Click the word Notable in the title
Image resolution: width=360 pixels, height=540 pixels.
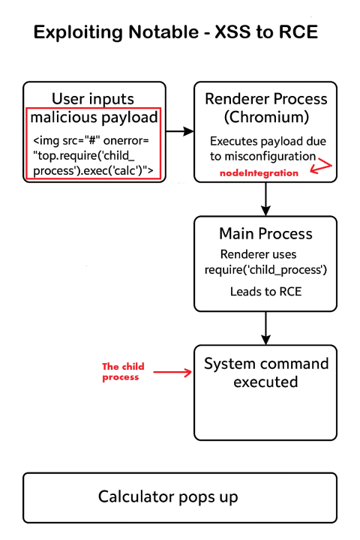[x=163, y=32]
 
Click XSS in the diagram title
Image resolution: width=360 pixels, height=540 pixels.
[x=233, y=32]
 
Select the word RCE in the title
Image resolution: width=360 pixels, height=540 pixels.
[x=298, y=32]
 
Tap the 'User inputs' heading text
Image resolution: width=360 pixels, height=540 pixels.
[x=93, y=99]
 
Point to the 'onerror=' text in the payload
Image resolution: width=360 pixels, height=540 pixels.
[x=126, y=140]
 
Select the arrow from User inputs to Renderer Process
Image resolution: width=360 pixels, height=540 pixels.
[x=180, y=131]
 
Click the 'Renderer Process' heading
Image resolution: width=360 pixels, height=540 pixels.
[x=266, y=99]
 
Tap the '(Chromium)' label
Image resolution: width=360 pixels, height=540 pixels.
[x=266, y=117]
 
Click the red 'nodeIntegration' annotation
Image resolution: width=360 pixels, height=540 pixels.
[x=259, y=173]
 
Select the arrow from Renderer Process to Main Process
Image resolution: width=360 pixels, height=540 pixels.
[x=265, y=199]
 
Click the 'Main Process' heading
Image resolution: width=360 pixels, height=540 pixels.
[x=266, y=233]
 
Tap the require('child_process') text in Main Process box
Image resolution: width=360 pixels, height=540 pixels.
[x=265, y=270]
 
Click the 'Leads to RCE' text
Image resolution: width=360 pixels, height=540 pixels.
[x=266, y=291]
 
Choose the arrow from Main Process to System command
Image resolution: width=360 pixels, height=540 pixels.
[x=265, y=328]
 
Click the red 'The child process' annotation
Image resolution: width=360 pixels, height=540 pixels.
[x=123, y=371]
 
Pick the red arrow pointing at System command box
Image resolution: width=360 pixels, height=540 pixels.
[x=172, y=372]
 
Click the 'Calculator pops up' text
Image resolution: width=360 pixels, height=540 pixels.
[x=168, y=497]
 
